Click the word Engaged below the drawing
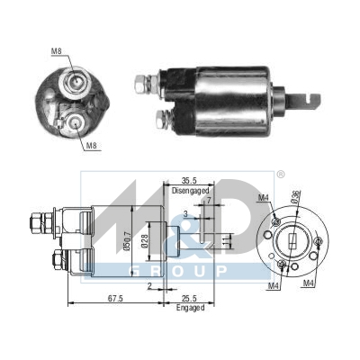coord(190,308)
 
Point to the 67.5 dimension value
coord(114,296)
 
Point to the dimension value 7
coord(207,200)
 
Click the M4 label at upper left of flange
coord(264,198)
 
